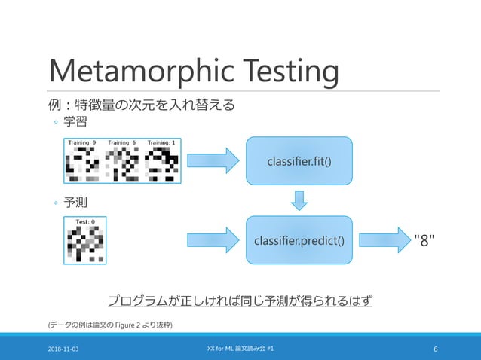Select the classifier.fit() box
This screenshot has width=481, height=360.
click(299, 161)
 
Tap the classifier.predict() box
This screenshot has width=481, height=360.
click(299, 240)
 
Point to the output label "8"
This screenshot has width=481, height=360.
click(427, 240)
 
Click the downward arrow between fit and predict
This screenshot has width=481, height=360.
click(299, 200)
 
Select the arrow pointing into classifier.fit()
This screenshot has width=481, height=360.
click(212, 161)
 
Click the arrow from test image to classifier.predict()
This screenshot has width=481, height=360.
click(212, 240)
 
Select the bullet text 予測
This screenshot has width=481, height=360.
click(70, 203)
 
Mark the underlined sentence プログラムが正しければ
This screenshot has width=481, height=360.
click(240, 301)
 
